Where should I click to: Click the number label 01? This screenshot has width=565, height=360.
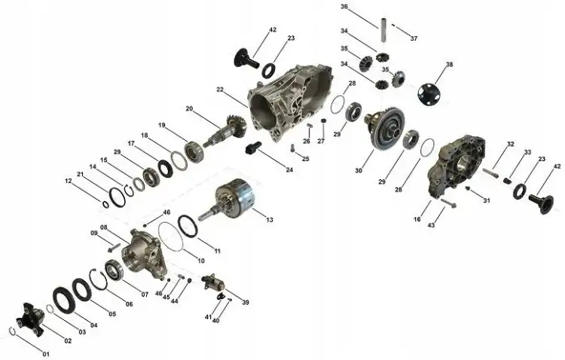[46, 355]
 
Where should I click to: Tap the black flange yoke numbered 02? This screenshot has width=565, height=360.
[31, 317]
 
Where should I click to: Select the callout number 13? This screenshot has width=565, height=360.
[269, 219]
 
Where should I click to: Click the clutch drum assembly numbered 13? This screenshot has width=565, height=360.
[231, 201]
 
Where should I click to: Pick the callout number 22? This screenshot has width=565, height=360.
[220, 89]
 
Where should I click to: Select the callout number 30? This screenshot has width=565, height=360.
[359, 171]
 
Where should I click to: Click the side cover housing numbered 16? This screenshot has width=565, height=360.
[457, 166]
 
